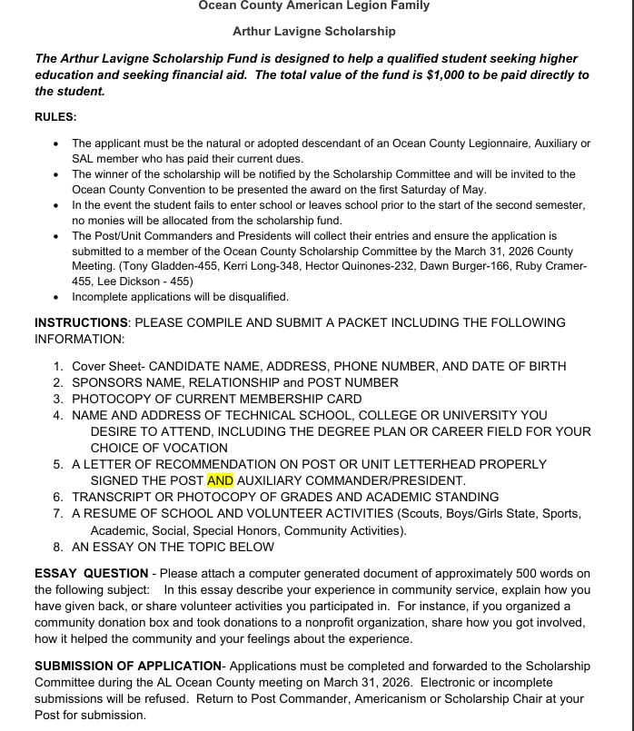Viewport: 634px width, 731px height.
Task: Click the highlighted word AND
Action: pyautogui.click(x=220, y=480)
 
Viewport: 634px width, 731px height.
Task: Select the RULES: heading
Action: pyautogui.click(x=55, y=117)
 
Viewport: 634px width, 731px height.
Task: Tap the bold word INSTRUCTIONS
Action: pyautogui.click(x=81, y=322)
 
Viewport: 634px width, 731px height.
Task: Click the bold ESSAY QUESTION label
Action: pyautogui.click(x=91, y=573)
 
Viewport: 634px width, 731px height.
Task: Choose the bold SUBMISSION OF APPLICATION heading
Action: pyautogui.click(x=127, y=666)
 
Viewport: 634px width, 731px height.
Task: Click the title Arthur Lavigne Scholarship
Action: pyautogui.click(x=314, y=31)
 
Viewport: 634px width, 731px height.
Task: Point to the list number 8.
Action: pyautogui.click(x=58, y=547)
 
